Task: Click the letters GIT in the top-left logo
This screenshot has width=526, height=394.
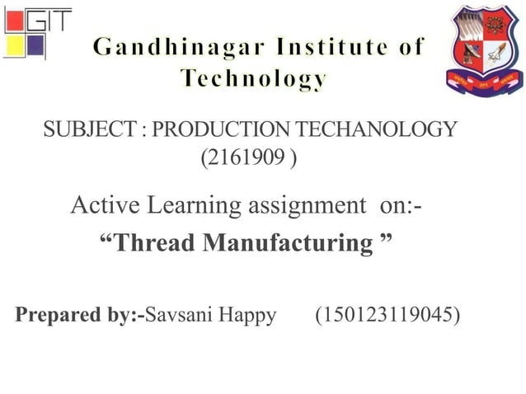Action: pos(49,20)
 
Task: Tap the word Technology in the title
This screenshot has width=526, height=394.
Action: pos(254,79)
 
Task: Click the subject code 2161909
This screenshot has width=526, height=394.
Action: pos(246,156)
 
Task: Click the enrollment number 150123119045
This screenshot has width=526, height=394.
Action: pos(387,315)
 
